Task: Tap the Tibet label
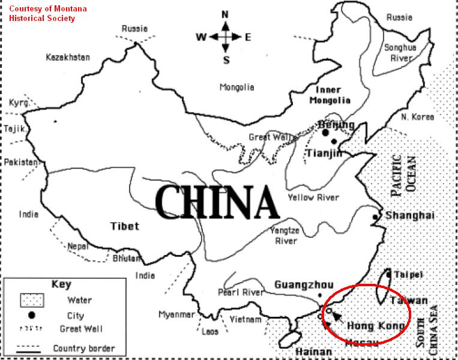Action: (124, 226)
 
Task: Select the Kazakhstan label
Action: (68, 58)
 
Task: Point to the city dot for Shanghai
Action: (375, 216)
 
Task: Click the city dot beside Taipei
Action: (388, 274)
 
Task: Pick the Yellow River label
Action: (313, 197)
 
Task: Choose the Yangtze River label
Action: (286, 236)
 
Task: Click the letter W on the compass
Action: (200, 37)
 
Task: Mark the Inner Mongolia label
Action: (330, 95)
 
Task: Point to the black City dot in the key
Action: (30, 314)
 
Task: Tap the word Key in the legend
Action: (61, 284)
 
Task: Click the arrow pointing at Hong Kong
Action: (338, 318)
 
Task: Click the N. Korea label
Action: (417, 116)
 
